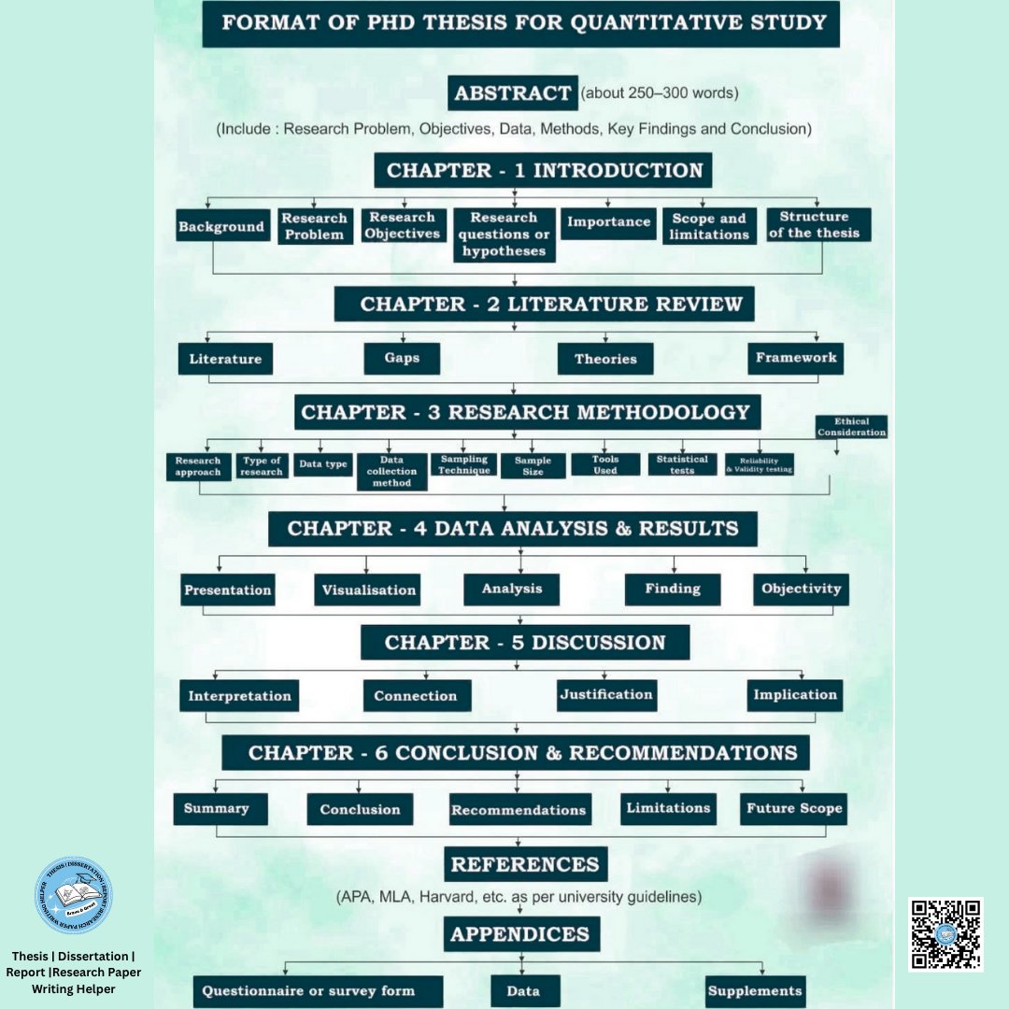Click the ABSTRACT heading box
click(x=512, y=93)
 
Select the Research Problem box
click(x=315, y=226)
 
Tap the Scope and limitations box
click(x=710, y=226)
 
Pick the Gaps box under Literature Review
click(x=402, y=359)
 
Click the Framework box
click(x=796, y=358)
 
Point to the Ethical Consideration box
click(x=851, y=427)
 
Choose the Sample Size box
click(x=533, y=465)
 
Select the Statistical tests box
click(x=682, y=464)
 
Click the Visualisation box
click(x=368, y=590)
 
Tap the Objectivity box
click(x=801, y=589)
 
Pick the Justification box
click(x=605, y=694)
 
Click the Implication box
click(x=795, y=694)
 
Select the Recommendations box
click(x=519, y=810)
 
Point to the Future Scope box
click(x=794, y=808)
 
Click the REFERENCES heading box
click(x=525, y=865)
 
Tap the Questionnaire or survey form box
click(x=308, y=991)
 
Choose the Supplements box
click(x=755, y=991)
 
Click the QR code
click(x=945, y=934)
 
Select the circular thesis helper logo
click(x=73, y=895)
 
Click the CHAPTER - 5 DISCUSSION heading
click(x=525, y=643)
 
